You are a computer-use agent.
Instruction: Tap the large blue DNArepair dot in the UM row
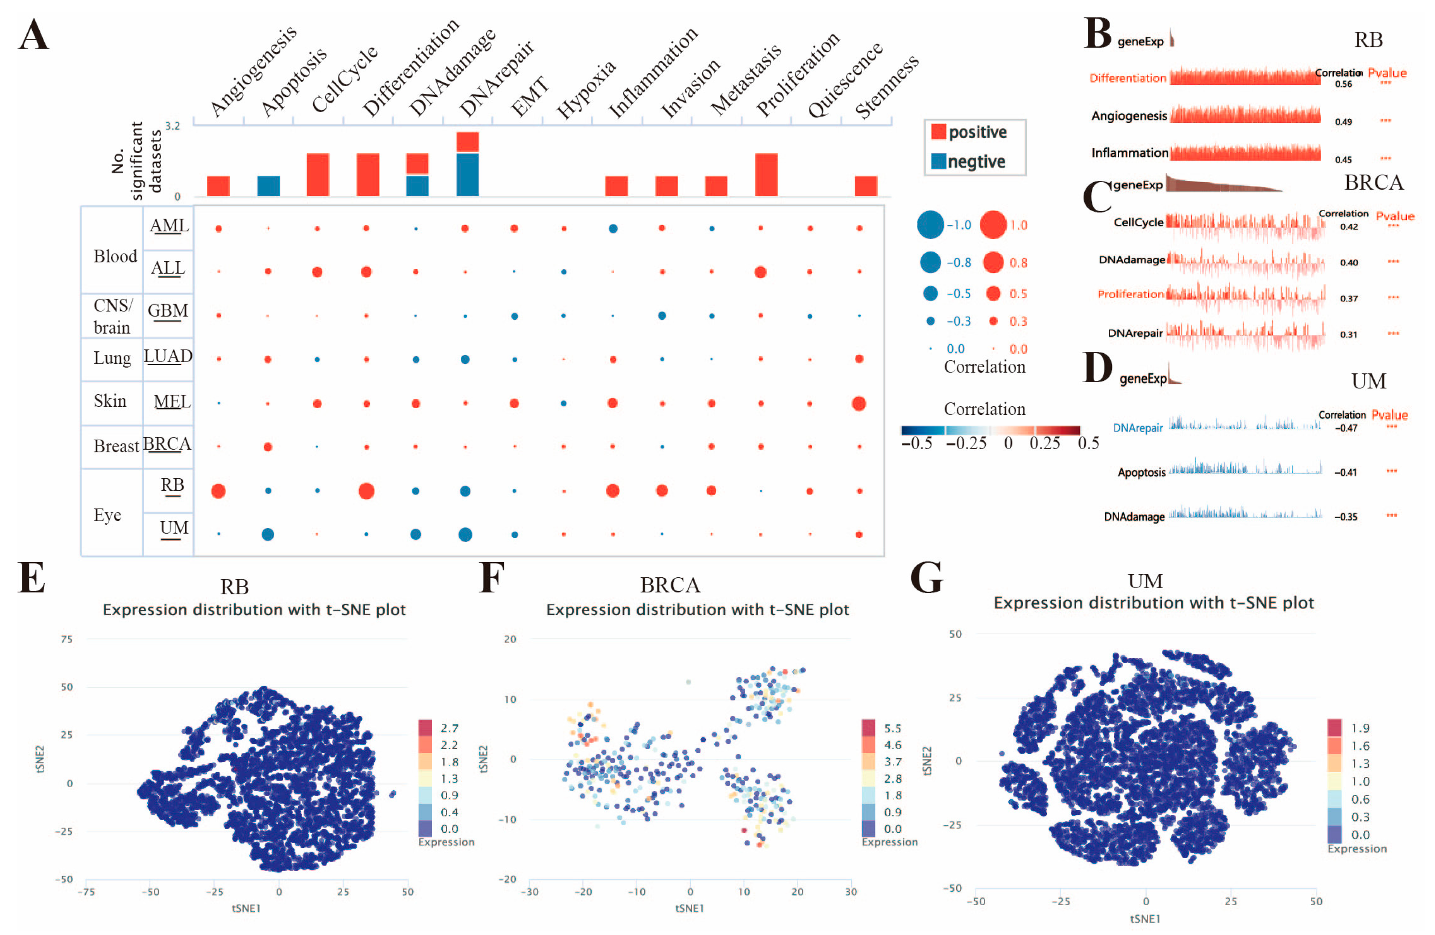(465, 534)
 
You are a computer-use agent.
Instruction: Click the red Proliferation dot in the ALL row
(760, 271)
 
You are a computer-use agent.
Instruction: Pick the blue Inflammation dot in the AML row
(613, 229)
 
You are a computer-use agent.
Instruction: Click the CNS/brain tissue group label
(113, 316)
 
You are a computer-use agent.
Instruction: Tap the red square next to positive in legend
(938, 132)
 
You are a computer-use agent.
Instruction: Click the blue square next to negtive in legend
(938, 161)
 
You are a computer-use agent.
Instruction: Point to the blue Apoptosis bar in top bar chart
(268, 186)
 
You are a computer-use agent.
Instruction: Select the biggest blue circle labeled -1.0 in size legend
(930, 225)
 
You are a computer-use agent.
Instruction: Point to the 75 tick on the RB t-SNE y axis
(66, 639)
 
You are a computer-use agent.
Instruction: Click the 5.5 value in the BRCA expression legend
(892, 728)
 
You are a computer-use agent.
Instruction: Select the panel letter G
(926, 577)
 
